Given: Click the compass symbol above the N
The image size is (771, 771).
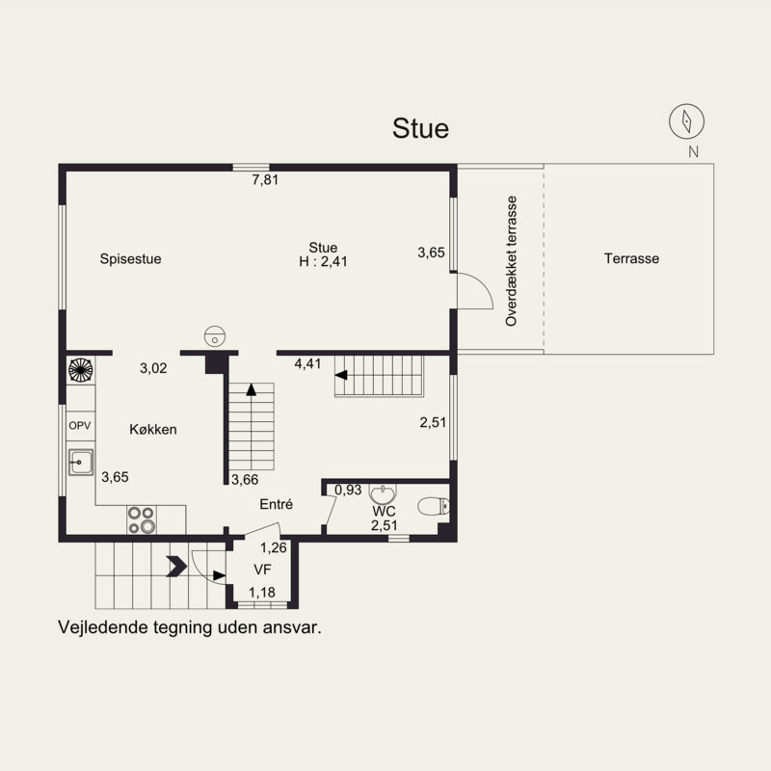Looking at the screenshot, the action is click(x=686, y=121).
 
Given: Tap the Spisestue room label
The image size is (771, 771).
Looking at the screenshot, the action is click(x=130, y=259).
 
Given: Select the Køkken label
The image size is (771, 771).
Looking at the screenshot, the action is click(x=153, y=429).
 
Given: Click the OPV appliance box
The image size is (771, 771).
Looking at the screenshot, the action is click(x=80, y=426).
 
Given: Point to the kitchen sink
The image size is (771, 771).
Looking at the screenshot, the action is click(x=81, y=463).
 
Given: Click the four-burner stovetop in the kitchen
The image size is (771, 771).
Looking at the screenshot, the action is click(x=142, y=519).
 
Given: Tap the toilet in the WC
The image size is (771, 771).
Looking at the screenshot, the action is click(x=434, y=506).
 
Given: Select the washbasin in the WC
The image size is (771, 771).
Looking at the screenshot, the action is click(x=384, y=492).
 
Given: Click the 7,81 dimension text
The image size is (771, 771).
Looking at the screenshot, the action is click(x=265, y=180).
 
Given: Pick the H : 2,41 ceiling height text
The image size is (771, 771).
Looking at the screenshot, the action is click(x=323, y=261).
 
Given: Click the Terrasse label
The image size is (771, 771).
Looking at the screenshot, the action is click(x=631, y=258).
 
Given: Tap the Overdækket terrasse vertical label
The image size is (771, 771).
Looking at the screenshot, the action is click(x=512, y=261).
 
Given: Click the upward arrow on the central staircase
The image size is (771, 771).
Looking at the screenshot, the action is click(x=252, y=389).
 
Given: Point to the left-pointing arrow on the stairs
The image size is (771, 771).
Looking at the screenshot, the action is click(x=341, y=375).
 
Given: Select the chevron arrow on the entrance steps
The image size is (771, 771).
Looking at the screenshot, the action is click(x=177, y=566).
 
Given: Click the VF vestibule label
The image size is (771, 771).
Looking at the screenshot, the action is click(x=262, y=570).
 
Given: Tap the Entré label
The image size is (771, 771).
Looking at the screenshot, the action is click(x=277, y=504).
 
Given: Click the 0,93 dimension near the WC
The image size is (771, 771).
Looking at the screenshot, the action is click(x=348, y=491).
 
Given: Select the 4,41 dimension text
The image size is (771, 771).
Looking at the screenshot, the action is click(x=307, y=364).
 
